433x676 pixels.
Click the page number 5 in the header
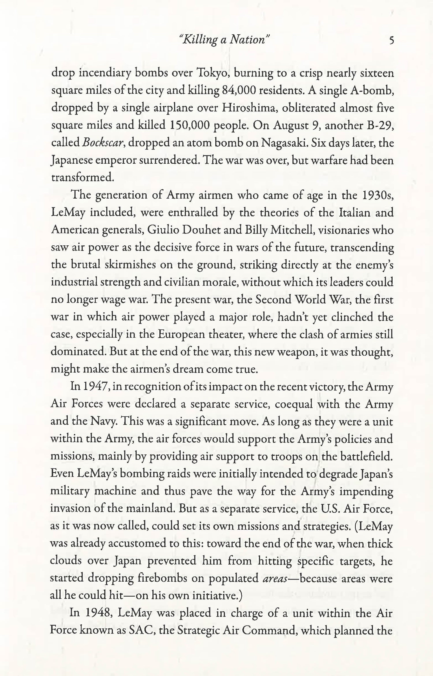391,40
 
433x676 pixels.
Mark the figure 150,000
188,125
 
